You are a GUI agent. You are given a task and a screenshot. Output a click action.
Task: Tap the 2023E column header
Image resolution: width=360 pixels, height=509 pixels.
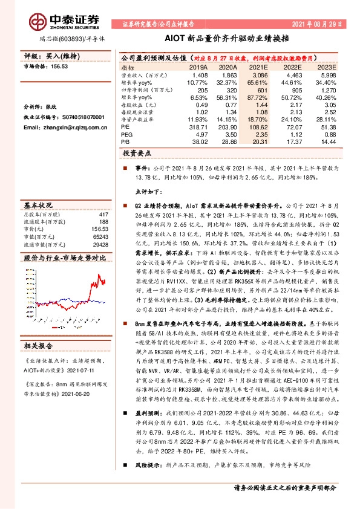[x=327, y=68]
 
